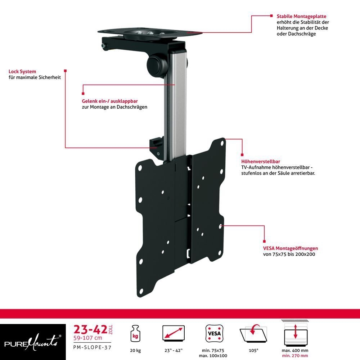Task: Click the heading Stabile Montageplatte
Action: click(x=301, y=16)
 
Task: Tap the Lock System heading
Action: click(x=22, y=71)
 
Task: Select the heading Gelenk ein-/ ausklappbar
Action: click(x=110, y=101)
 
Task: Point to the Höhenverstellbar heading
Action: click(x=261, y=161)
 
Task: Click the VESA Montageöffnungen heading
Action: click(x=291, y=248)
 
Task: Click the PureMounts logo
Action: click(x=33, y=342)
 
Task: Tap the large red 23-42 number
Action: click(x=90, y=330)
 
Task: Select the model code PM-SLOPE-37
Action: click(x=92, y=347)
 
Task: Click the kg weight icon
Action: click(x=135, y=334)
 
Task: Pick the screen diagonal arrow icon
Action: click(x=174, y=333)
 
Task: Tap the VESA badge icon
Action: click(x=214, y=333)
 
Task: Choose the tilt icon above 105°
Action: click(x=253, y=333)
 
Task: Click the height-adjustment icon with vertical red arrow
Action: click(x=295, y=333)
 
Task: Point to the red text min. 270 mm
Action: click(x=295, y=356)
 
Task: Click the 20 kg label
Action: click(x=135, y=350)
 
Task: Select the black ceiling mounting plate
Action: click(x=150, y=33)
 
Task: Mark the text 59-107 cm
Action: click(x=88, y=338)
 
